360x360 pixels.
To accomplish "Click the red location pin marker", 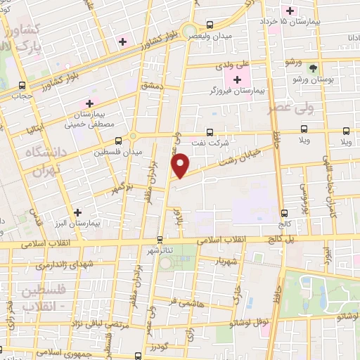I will coord(181,165).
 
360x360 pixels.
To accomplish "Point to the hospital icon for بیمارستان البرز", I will coord(77,211).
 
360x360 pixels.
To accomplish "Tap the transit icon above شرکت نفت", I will coord(209,132).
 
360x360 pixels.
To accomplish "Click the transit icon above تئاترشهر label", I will coord(160,239).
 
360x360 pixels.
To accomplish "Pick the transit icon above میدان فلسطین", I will coord(134,138).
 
